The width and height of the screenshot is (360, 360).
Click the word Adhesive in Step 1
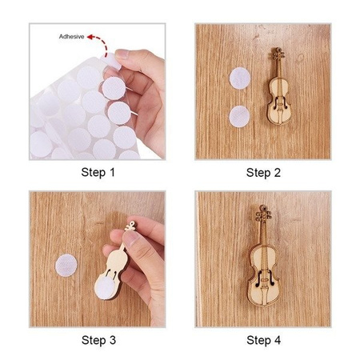click(x=71, y=37)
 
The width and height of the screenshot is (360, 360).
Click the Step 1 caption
click(x=98, y=172)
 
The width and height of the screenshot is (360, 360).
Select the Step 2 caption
click(x=263, y=173)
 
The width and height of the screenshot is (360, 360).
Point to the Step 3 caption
click(x=98, y=340)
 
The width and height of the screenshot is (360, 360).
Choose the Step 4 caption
click(x=264, y=340)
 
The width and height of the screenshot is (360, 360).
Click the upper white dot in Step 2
click(x=240, y=78)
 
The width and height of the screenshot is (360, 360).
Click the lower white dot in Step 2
click(x=239, y=117)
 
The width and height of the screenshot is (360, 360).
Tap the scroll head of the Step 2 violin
click(x=278, y=54)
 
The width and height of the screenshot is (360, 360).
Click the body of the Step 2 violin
click(x=279, y=102)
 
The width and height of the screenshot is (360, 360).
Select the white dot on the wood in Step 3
click(x=66, y=266)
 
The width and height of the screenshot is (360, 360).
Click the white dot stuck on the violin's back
click(x=106, y=287)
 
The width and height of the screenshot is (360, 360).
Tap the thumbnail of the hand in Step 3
click(x=131, y=238)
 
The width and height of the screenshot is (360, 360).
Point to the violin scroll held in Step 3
click(x=130, y=226)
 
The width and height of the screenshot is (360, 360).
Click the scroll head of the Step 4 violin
click(x=263, y=214)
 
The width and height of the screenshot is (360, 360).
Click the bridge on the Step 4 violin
click(x=264, y=280)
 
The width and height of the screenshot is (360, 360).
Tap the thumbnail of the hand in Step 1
click(x=122, y=54)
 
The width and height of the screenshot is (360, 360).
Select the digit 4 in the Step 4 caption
click(x=278, y=340)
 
